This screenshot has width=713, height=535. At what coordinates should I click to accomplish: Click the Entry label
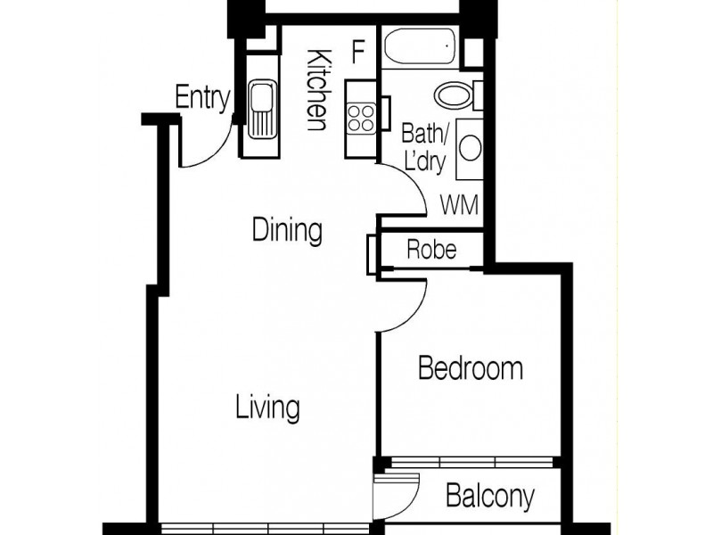coord(202,97)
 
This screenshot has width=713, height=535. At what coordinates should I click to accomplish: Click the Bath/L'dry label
coord(424,148)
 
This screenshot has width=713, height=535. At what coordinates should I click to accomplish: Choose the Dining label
coord(286,230)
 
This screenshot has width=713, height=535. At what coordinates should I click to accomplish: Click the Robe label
coord(431,250)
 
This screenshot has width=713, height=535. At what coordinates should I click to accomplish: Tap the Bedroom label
coord(471,367)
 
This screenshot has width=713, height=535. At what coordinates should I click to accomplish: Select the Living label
coord(267,408)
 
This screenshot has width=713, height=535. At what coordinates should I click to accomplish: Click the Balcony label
coord(490,495)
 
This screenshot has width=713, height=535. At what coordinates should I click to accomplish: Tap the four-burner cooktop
coord(362,118)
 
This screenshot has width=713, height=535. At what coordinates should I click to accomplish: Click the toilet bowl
coord(454,95)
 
